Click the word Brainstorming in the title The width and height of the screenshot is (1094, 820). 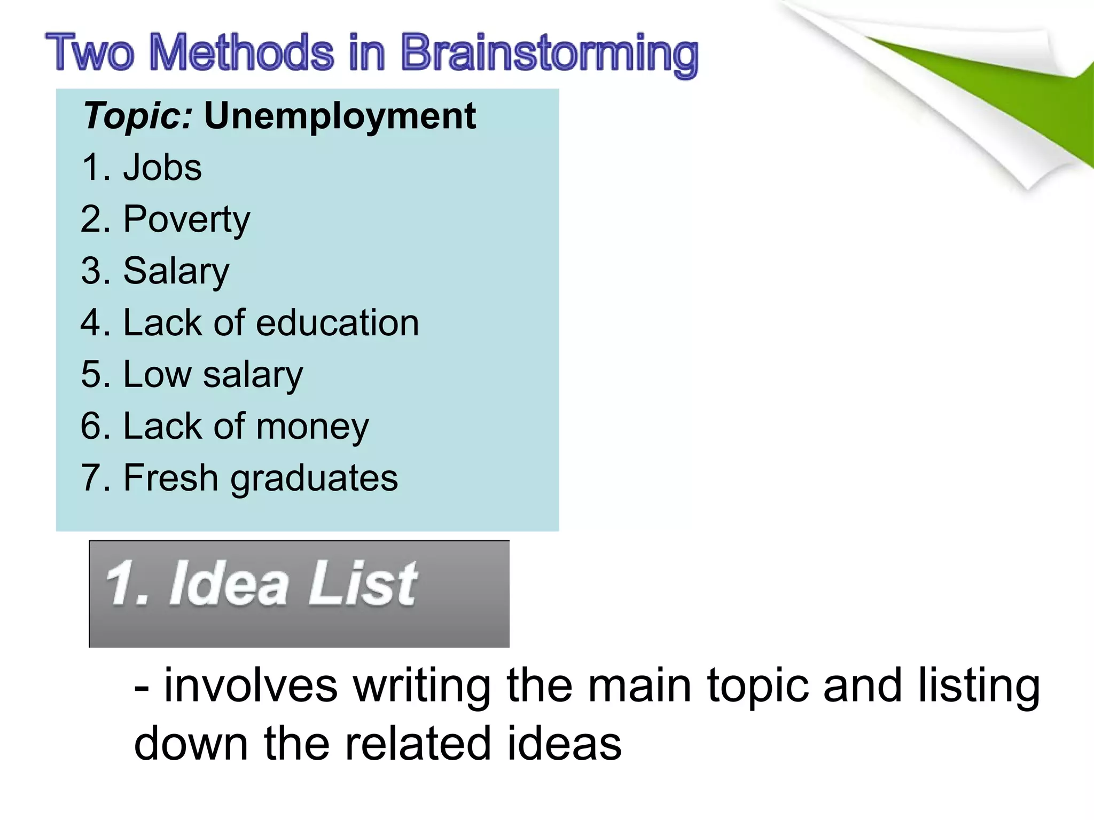click(x=549, y=53)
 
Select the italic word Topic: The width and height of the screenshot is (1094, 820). click(x=138, y=116)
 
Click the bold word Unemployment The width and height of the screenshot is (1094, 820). click(x=340, y=116)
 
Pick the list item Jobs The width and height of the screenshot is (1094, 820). click(x=162, y=168)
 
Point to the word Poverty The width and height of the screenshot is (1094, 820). click(x=186, y=219)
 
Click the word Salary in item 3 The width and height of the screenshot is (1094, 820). click(x=176, y=271)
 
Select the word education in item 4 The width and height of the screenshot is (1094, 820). click(x=338, y=323)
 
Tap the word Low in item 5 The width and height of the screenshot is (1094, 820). click(x=157, y=374)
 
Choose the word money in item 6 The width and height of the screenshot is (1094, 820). click(x=312, y=427)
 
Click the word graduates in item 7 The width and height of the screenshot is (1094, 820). click(x=314, y=478)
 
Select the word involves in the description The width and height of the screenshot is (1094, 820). click(x=251, y=685)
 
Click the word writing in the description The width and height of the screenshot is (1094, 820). click(x=421, y=685)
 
